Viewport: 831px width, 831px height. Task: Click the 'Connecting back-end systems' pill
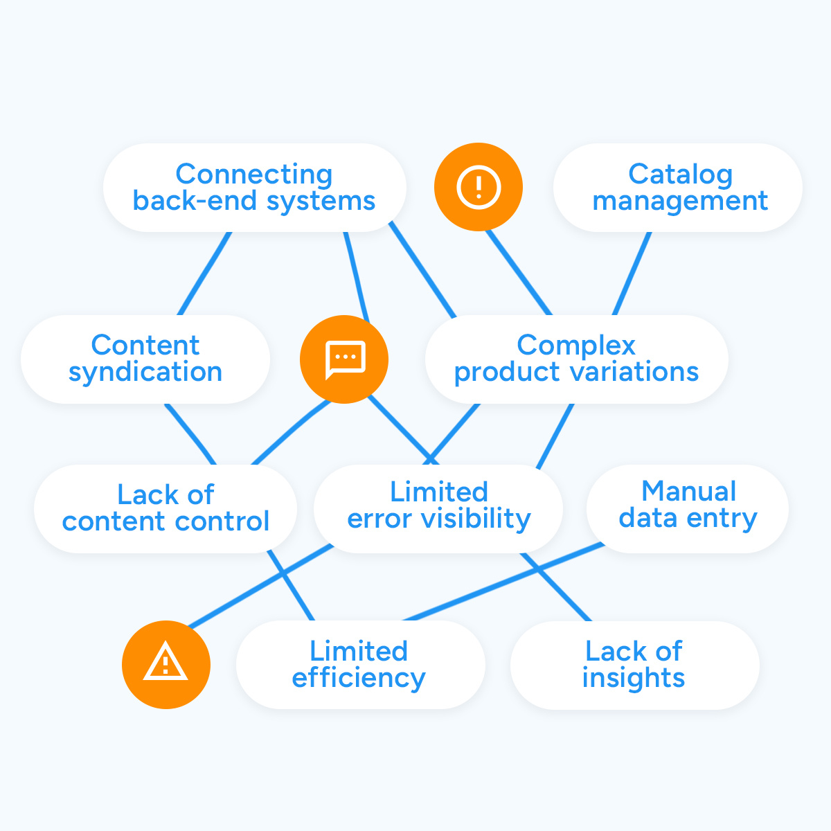click(254, 188)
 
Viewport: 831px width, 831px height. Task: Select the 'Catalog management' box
click(679, 188)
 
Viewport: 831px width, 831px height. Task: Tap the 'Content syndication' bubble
click(145, 359)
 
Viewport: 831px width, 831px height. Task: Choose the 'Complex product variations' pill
click(576, 359)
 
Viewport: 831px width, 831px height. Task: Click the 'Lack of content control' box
click(166, 508)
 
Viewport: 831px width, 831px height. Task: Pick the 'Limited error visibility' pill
click(438, 508)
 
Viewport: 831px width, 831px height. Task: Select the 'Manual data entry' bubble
click(688, 508)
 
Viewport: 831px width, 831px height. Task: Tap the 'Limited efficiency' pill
click(360, 665)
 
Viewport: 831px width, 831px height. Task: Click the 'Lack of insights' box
click(634, 665)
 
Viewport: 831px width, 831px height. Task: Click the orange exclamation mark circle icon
click(478, 187)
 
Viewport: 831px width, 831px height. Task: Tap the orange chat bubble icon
click(344, 359)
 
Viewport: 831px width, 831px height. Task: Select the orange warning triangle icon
click(166, 665)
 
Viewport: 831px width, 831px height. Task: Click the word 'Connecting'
click(254, 175)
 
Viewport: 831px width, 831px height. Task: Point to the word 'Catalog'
click(681, 175)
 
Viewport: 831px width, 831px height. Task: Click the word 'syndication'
click(145, 373)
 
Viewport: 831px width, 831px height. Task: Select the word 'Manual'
click(689, 492)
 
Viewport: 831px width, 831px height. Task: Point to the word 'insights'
click(634, 678)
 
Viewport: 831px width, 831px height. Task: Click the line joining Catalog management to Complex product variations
click(632, 274)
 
